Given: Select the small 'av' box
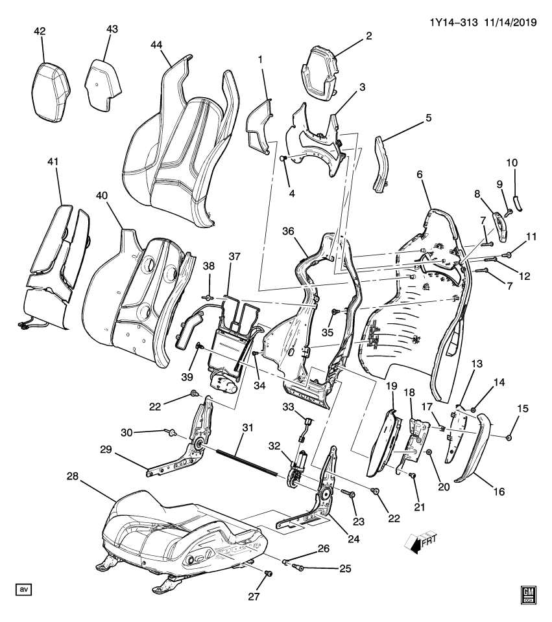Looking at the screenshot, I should (x=24, y=589).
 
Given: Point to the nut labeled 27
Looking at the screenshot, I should (x=267, y=573).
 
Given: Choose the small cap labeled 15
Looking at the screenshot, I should (x=508, y=438).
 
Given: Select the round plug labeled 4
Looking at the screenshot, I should (x=283, y=159).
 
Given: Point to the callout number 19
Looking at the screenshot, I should (x=391, y=386).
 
